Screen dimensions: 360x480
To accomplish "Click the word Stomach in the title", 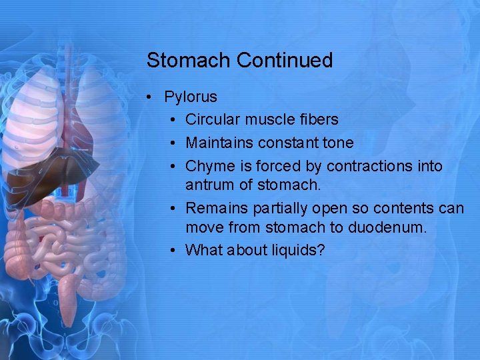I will coord(189,61).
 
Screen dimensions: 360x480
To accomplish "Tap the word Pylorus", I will coord(191,97).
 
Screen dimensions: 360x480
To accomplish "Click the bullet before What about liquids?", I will coord(173,250).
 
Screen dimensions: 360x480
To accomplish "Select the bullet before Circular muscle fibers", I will coord(173,120).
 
